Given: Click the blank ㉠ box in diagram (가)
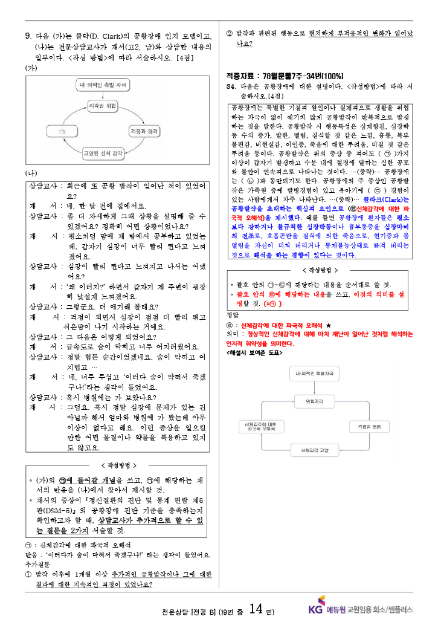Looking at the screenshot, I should pyautogui.click(x=63, y=131).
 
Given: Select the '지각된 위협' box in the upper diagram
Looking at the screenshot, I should pyautogui.click(x=102, y=105).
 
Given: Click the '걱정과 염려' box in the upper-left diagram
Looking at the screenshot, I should pyautogui.click(x=144, y=131).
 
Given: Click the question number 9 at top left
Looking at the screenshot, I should pyautogui.click(x=28, y=36).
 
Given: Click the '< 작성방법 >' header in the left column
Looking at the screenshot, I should pyautogui.click(x=118, y=465).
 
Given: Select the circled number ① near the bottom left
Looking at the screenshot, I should pyautogui.click(x=28, y=574).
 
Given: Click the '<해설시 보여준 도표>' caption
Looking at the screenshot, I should pyautogui.click(x=254, y=352).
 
